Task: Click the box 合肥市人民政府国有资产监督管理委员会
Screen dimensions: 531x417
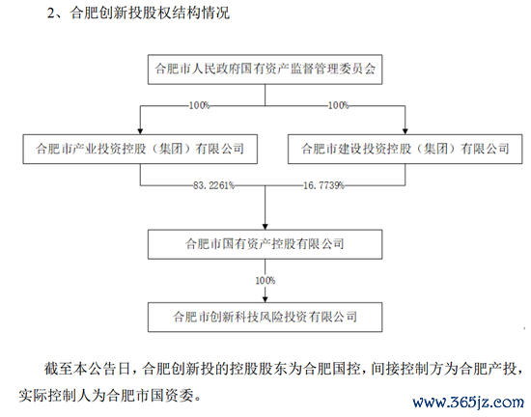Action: (265, 69)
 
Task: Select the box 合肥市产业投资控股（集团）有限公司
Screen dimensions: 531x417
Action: (140, 150)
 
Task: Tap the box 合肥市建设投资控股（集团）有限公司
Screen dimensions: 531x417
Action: (405, 150)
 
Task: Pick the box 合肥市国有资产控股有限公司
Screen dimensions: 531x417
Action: (265, 244)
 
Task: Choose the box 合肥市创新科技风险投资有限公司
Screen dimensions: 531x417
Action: (265, 318)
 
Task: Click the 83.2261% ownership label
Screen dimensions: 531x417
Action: (213, 185)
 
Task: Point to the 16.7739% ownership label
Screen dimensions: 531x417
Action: (323, 185)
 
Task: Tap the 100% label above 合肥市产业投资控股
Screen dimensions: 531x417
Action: (199, 105)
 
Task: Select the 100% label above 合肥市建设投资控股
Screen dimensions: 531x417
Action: (339, 105)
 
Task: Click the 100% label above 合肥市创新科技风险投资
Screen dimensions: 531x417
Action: (265, 281)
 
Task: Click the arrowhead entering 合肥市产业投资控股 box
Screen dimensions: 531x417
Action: (140, 131)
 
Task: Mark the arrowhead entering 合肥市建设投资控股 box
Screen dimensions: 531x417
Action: (405, 131)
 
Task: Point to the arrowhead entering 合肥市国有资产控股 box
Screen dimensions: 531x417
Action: (265, 227)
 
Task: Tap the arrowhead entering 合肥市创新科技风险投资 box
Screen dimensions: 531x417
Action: (265, 299)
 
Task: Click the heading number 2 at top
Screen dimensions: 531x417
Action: (51, 14)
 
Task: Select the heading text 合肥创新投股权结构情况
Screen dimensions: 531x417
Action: (150, 14)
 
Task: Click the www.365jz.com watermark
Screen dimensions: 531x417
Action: (468, 403)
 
